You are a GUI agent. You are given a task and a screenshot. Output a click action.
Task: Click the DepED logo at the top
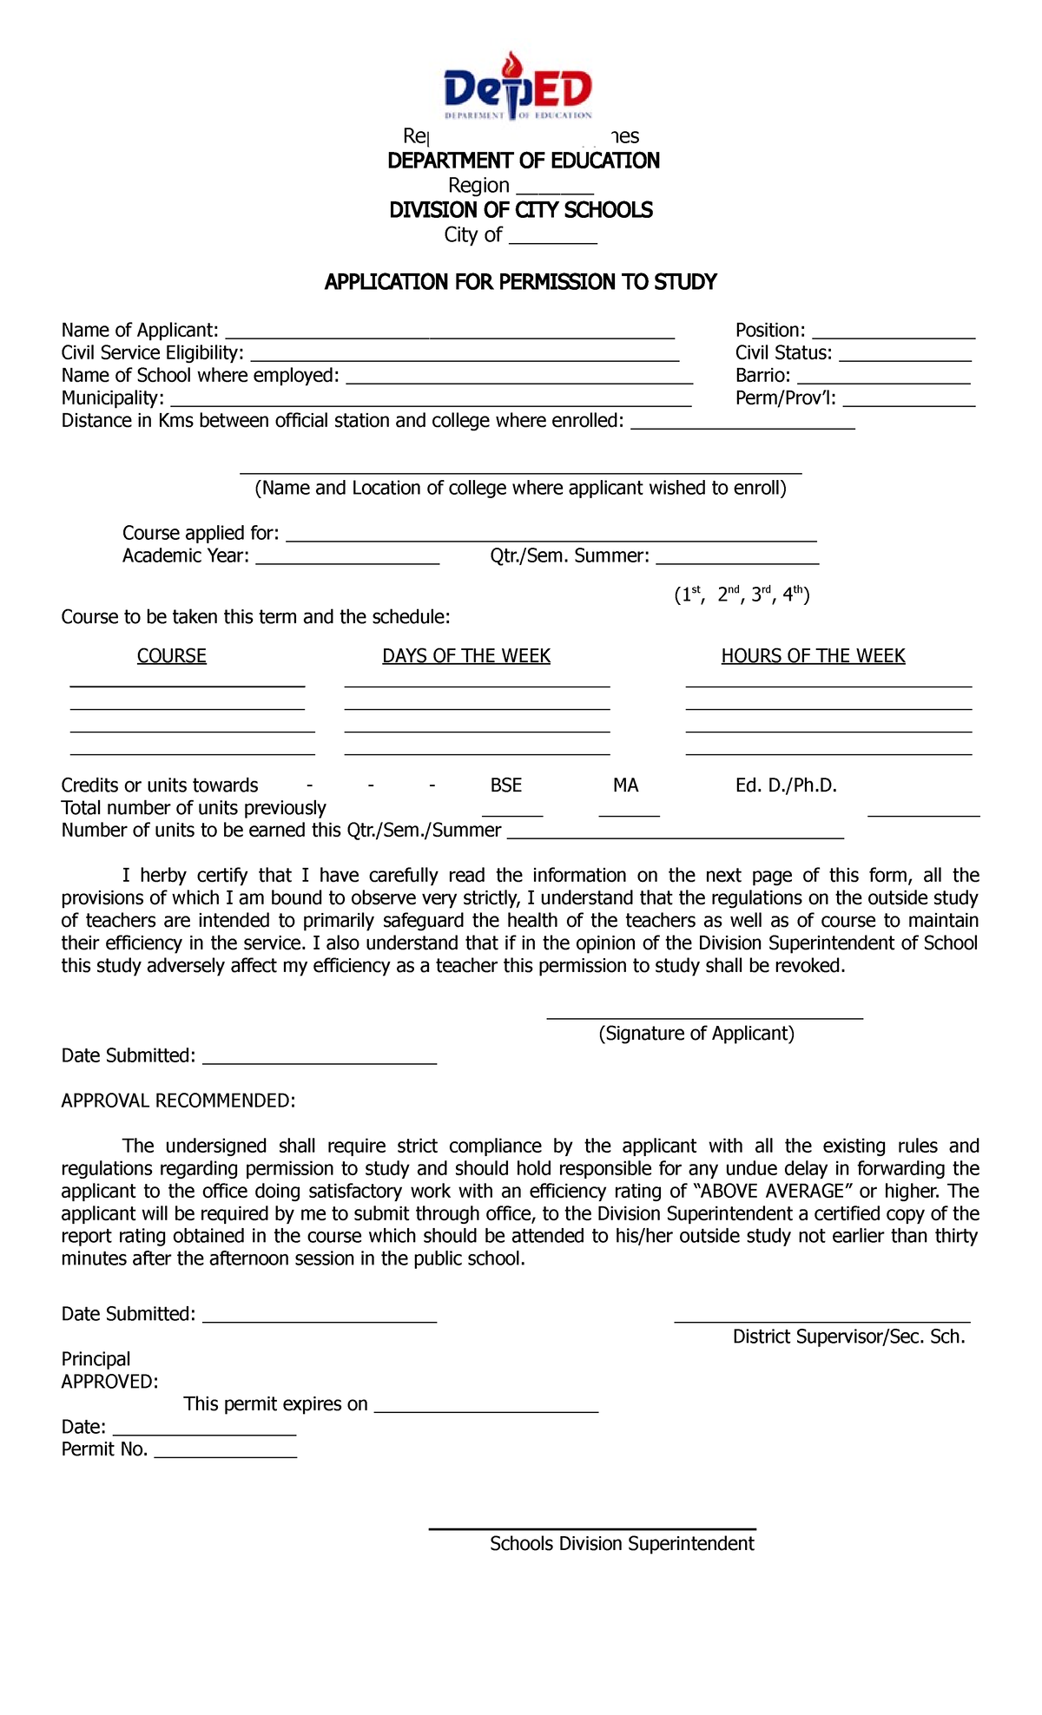518,87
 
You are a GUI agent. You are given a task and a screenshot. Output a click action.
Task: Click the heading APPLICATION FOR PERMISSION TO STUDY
520,282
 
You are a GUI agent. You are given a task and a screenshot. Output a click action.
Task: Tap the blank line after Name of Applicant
449,332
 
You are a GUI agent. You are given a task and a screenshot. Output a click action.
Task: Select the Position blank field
894,332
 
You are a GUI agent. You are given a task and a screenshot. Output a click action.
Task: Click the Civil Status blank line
905,355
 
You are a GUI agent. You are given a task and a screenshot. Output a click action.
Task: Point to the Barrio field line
883,378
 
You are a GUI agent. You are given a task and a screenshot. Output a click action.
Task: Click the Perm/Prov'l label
785,398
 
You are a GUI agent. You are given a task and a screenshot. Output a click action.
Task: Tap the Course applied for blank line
551,536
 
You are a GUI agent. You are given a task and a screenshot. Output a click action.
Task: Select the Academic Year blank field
347,558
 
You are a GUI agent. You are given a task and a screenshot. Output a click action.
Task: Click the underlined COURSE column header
172,656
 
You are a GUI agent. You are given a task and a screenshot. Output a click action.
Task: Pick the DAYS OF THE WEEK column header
466,656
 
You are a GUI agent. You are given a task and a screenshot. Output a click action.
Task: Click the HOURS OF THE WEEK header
813,656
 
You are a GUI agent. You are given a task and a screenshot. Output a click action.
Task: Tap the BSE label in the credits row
506,785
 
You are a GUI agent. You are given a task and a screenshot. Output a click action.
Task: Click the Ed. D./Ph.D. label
786,785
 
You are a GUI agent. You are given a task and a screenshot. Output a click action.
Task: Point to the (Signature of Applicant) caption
696,1034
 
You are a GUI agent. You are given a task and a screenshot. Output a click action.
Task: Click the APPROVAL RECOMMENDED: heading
178,1101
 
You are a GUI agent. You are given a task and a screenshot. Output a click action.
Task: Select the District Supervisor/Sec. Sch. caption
848,1337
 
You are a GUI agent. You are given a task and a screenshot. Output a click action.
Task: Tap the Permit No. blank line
226,1452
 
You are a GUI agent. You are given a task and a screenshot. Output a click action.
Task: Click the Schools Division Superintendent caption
622,1544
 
